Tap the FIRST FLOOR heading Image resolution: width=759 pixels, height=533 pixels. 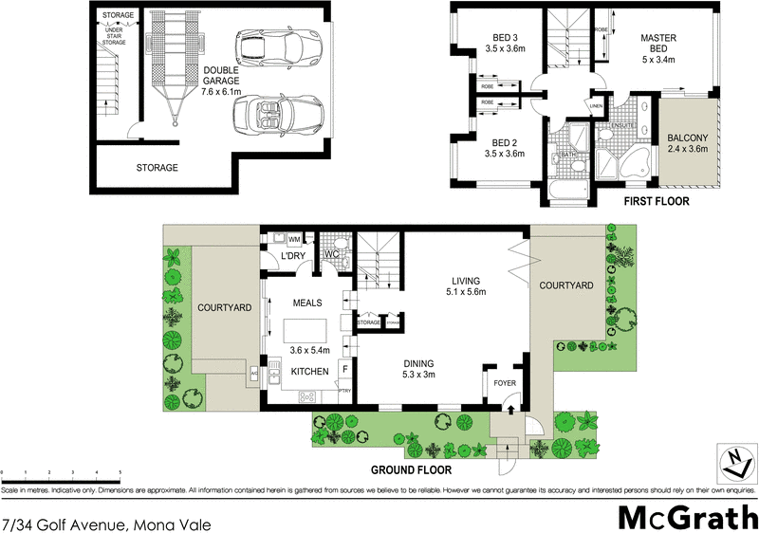tap(656, 202)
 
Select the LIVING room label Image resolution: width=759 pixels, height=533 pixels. tap(466, 286)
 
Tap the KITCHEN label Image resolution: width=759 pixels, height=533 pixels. tap(309, 371)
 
